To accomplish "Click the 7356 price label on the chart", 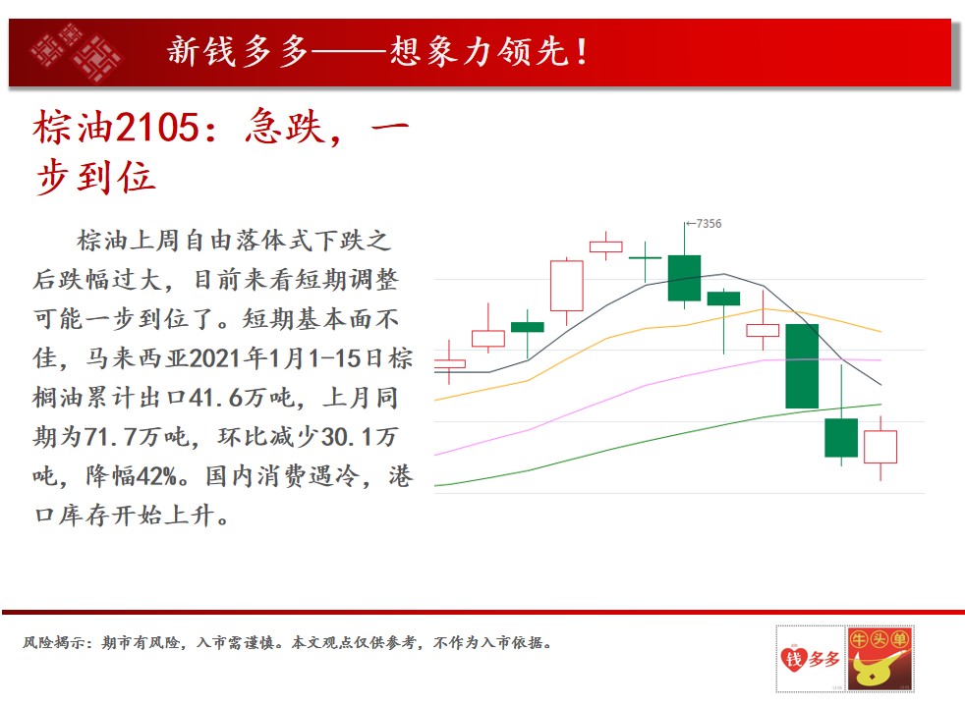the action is click(709, 224).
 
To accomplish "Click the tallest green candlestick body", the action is click(802, 366).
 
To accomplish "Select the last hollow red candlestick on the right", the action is click(880, 447).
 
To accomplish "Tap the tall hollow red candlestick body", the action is click(566, 286).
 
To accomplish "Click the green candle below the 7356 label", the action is click(684, 278).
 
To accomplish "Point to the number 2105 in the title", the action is click(157, 128).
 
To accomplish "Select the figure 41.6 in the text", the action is click(215, 398).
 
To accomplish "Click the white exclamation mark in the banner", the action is click(582, 52).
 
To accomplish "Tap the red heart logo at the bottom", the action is click(794, 659).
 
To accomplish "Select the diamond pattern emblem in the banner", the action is click(77, 52).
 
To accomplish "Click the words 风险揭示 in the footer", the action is click(54, 643).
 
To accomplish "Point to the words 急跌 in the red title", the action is click(284, 128).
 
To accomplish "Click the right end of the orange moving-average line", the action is click(881, 331).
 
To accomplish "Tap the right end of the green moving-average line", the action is click(881, 405).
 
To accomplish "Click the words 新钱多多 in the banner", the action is click(238, 51).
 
